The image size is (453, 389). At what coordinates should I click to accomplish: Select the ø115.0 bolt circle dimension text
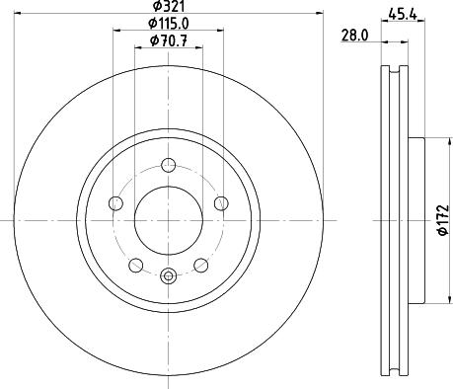[169, 23]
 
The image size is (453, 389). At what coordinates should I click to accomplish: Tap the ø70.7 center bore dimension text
[169, 39]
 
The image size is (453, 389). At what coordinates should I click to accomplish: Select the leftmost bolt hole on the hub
[115, 203]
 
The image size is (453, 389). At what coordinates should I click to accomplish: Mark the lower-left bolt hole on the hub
[135, 264]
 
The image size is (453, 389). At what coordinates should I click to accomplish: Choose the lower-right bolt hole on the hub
[200, 264]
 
